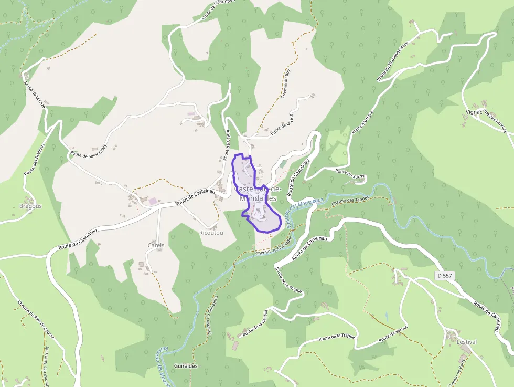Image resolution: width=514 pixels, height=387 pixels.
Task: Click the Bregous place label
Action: [30, 206]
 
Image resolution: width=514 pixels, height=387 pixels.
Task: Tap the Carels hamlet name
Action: [156, 245]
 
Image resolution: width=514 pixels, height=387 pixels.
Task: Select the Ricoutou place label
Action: [211, 233]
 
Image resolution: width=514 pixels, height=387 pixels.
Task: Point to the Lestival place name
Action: [466, 342]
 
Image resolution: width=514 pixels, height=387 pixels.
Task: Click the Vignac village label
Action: [474, 112]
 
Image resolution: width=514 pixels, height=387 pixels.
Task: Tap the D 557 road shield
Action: [444, 275]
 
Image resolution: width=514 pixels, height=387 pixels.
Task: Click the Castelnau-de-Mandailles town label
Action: [258, 194]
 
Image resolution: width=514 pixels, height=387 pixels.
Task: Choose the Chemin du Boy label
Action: [286, 83]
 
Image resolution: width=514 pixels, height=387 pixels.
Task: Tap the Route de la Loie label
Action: [282, 125]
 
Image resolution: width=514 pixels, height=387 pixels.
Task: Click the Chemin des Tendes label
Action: [350, 200]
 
